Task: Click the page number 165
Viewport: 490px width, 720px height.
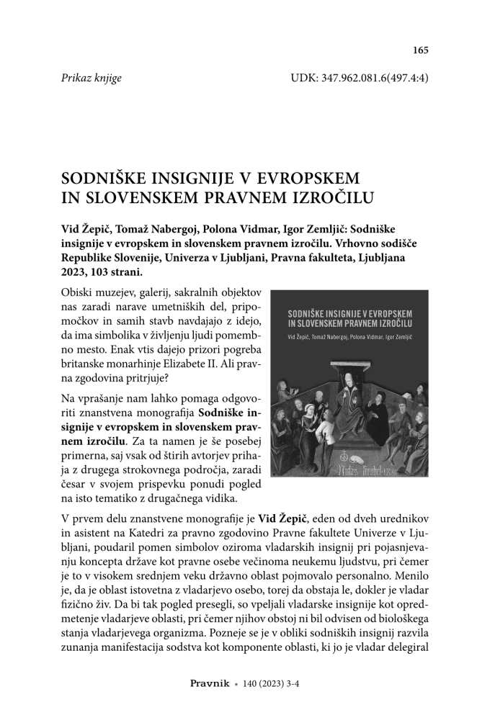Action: (420, 50)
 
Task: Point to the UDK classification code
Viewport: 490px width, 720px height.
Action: (359, 78)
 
